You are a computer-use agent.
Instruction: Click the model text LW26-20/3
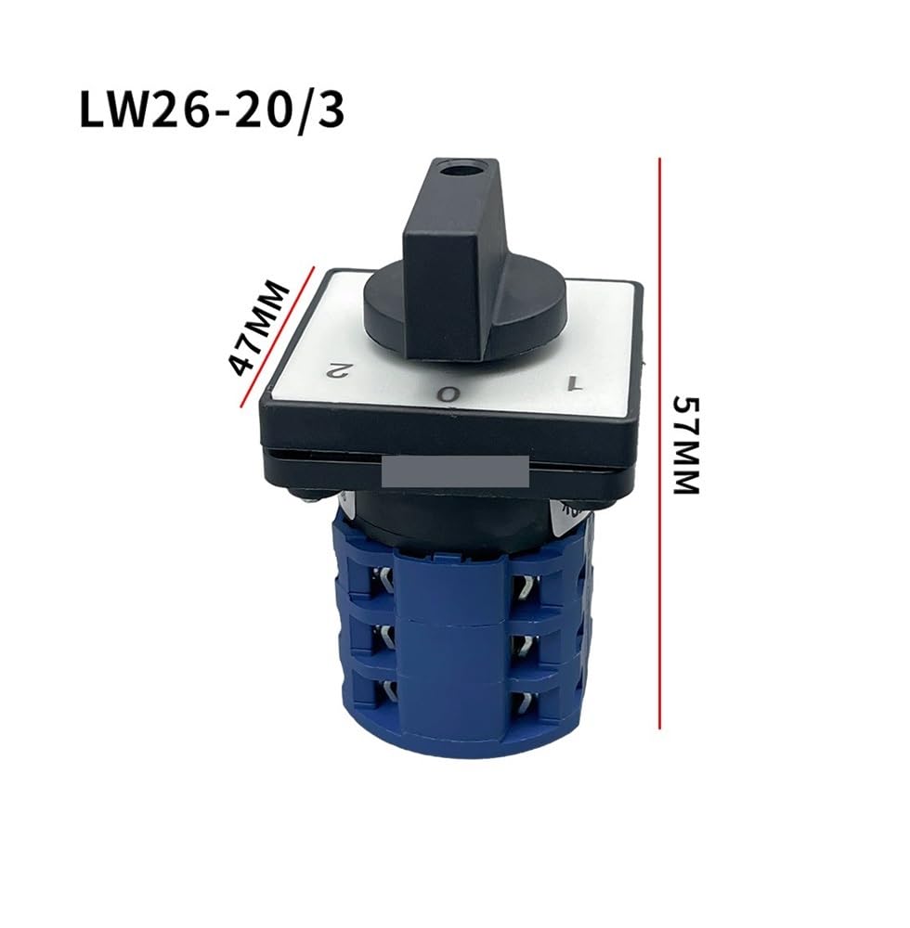click(212, 110)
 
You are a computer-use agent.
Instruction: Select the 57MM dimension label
click(687, 445)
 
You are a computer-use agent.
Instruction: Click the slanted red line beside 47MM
click(277, 337)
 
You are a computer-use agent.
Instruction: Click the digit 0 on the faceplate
click(448, 393)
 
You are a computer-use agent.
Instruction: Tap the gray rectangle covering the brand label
click(455, 472)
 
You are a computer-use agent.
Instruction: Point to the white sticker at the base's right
click(565, 512)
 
